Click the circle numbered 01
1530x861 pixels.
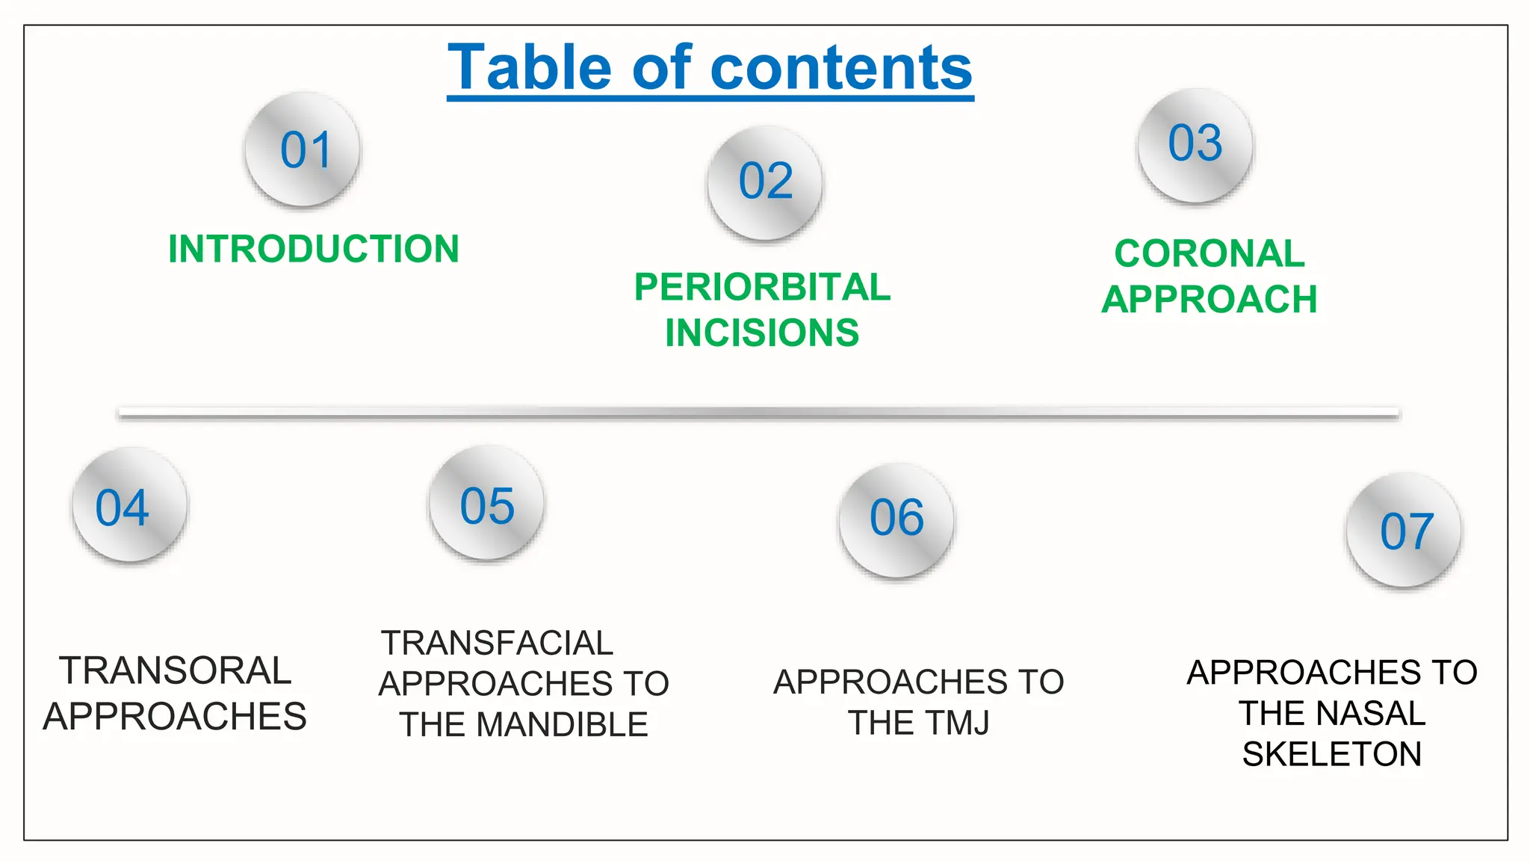click(x=303, y=149)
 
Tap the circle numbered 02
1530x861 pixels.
click(x=765, y=182)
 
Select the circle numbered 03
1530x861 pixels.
click(x=1195, y=145)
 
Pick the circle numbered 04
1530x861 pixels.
click(x=129, y=505)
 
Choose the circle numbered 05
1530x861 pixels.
click(x=486, y=503)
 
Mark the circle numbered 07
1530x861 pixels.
click(x=1404, y=531)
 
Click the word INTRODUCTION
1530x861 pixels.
click(x=313, y=249)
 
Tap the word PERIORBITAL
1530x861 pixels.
click(x=762, y=287)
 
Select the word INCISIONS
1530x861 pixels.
click(x=762, y=333)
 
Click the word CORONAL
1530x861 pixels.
click(x=1210, y=253)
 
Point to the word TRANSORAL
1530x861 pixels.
click(x=175, y=670)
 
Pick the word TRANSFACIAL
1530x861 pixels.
click(x=497, y=644)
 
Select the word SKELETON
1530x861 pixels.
click(x=1332, y=754)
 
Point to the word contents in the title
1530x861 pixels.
click(x=841, y=68)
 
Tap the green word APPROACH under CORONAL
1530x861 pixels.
click(x=1210, y=300)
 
